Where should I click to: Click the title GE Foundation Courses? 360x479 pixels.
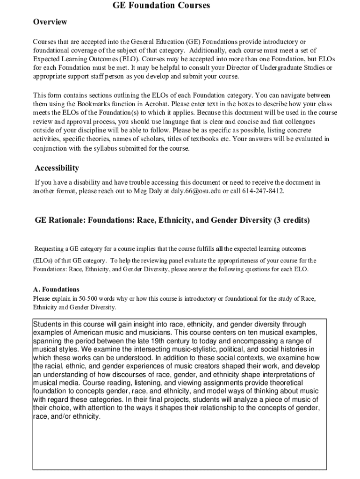tap(161, 6)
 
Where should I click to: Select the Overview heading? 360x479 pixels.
tap(50, 22)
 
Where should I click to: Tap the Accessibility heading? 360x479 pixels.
tap(57, 168)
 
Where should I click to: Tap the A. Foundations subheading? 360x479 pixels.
tap(56, 290)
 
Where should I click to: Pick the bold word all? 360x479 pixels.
tap(219, 248)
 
